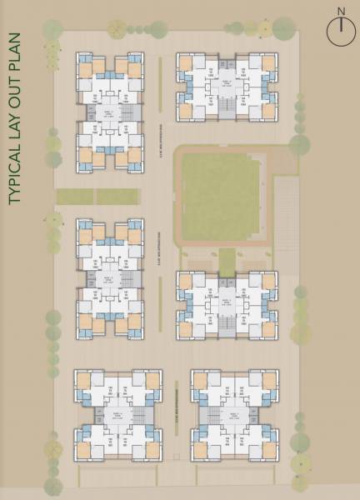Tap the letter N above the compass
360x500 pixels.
[339, 11]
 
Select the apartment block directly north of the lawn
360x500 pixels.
[225, 87]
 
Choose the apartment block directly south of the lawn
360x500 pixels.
[226, 305]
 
